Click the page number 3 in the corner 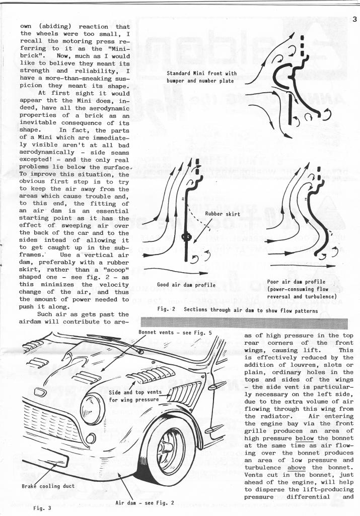[354, 20]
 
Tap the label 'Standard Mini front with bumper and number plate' [201, 77]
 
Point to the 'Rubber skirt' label [222, 214]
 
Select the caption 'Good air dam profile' [186, 285]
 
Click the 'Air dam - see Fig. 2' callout [145, 503]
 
